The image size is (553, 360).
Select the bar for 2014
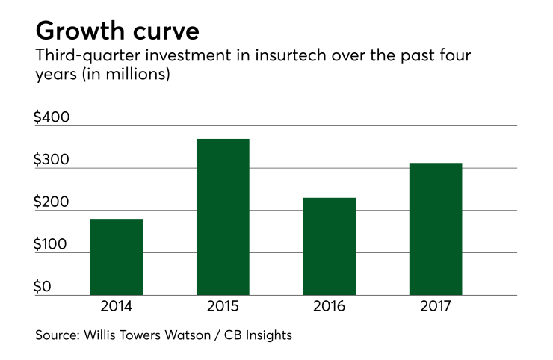pos(116,257)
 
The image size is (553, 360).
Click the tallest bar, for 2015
pos(223,217)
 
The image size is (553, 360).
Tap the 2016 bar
pos(329,246)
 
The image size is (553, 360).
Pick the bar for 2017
pos(436,229)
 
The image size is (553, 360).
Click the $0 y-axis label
pos(44,287)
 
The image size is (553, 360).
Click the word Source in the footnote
pos(57,335)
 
